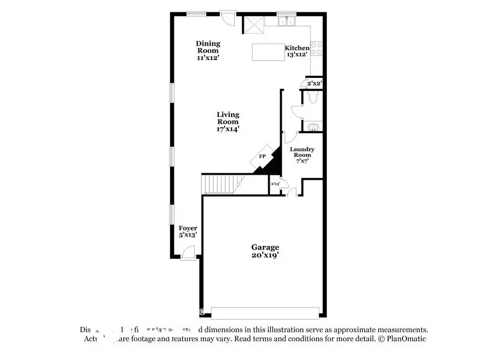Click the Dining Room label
pos(208,51)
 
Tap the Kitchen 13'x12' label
pos(297,51)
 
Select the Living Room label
pos(228,122)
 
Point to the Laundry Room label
pos(302,155)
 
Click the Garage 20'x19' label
pos(265,251)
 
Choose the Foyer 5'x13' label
pos(188,232)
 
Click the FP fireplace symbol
pos(263,156)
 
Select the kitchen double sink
pos(286,21)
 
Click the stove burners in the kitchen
pos(317,49)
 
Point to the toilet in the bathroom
pos(312,98)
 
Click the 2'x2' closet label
pos(314,84)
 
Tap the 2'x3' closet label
pos(275,184)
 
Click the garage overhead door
pos(265,312)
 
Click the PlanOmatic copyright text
pos(402,339)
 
